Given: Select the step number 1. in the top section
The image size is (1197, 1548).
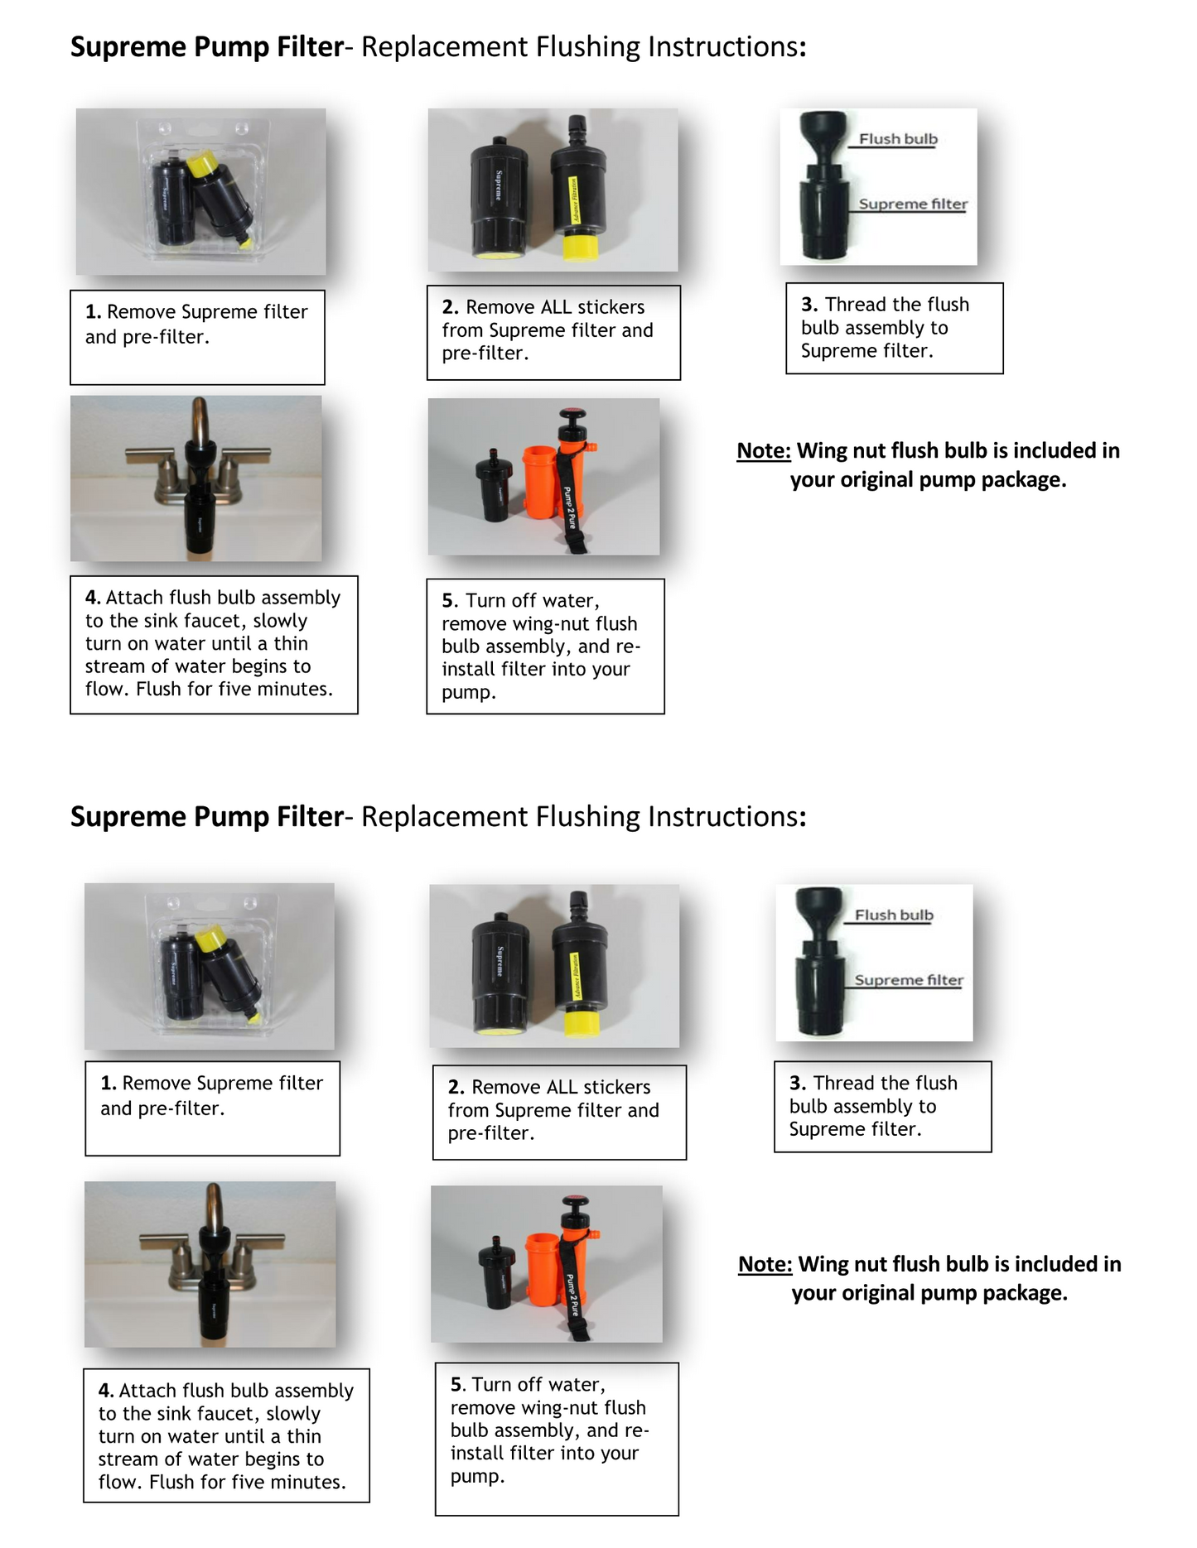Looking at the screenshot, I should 93,312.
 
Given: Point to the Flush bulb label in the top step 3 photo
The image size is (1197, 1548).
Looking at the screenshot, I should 897,139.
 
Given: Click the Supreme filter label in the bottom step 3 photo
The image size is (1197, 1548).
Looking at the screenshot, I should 908,980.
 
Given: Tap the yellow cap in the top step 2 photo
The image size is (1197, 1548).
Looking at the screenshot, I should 581,246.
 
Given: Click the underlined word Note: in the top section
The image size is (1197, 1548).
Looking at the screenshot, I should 763,451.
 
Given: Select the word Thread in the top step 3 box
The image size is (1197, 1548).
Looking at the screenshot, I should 856,305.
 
